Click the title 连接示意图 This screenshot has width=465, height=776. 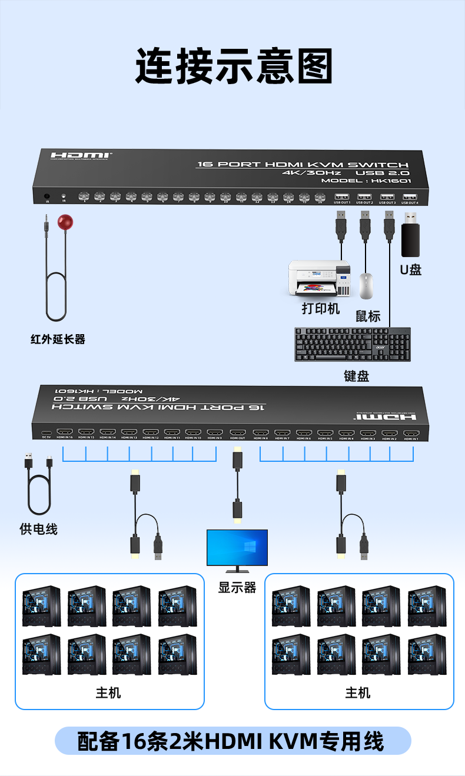pyautogui.click(x=234, y=66)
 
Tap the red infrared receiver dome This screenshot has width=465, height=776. pyautogui.click(x=65, y=222)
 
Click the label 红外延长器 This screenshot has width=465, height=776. pyautogui.click(x=58, y=339)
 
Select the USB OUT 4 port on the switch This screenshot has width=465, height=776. pyautogui.click(x=410, y=197)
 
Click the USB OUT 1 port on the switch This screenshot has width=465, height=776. pyautogui.click(x=341, y=197)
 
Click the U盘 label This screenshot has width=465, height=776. pyautogui.click(x=410, y=270)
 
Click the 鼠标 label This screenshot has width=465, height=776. pyautogui.click(x=367, y=316)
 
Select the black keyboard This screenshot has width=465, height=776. pyautogui.click(x=352, y=344)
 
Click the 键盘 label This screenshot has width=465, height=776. pyautogui.click(x=356, y=376)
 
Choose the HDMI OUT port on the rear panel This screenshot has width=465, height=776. pyautogui.click(x=237, y=432)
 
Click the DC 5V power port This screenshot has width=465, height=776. pyautogui.click(x=46, y=432)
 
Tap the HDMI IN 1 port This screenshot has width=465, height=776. pyautogui.click(x=411, y=432)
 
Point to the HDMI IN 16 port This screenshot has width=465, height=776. pyautogui.click(x=64, y=432)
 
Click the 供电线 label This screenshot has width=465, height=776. pyautogui.click(x=38, y=529)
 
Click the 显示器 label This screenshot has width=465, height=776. pyautogui.click(x=237, y=587)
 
